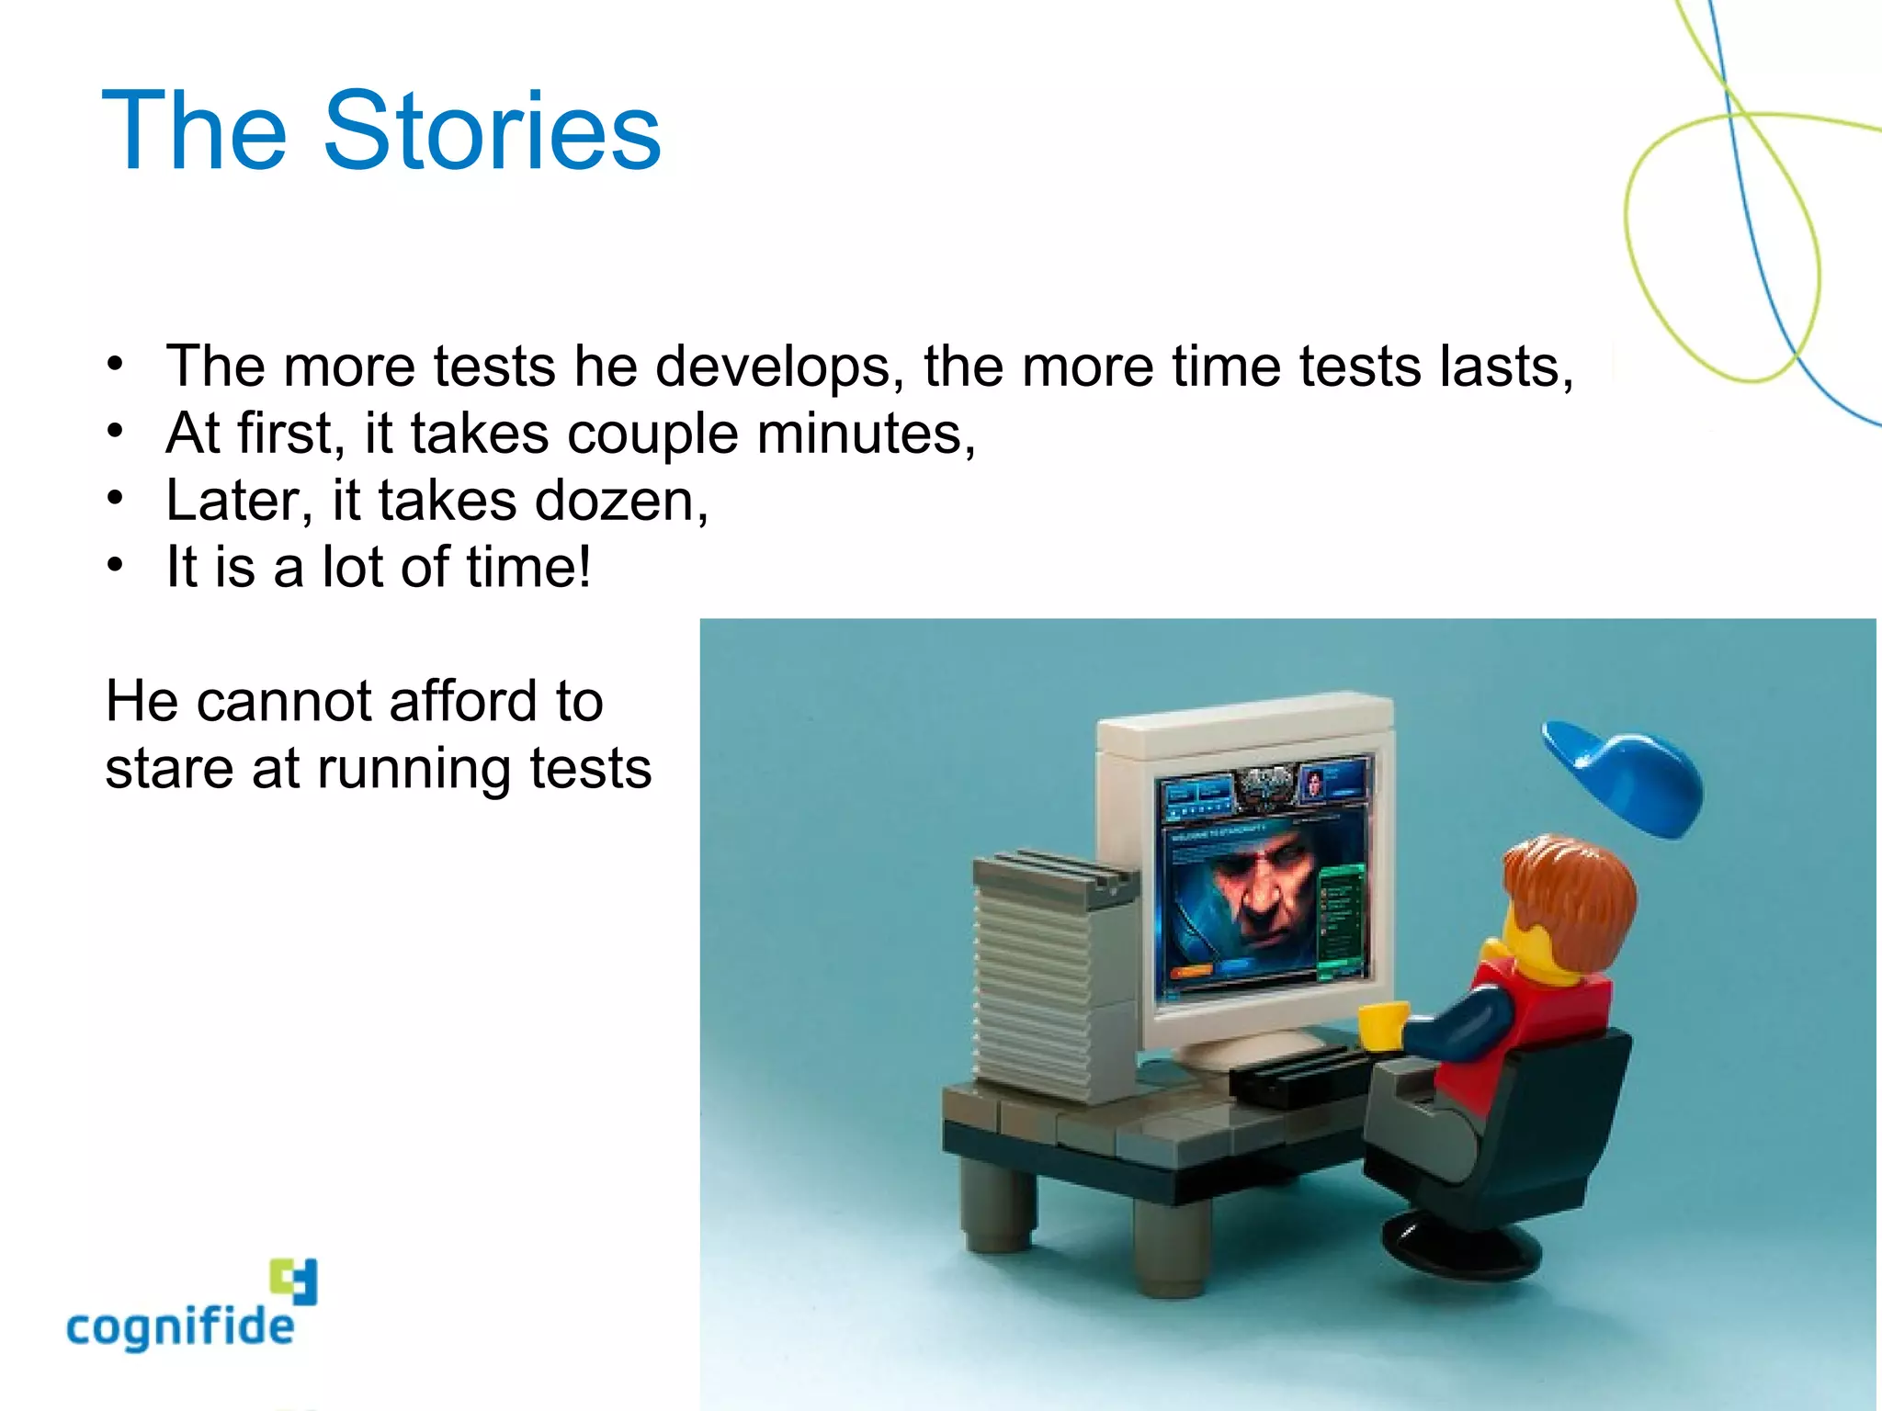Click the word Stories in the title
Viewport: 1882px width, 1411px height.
pos(492,130)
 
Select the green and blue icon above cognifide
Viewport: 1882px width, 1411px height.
pos(294,1281)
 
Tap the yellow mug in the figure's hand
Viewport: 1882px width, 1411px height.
pos(1381,1025)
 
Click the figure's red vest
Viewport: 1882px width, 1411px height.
pos(1553,1020)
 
